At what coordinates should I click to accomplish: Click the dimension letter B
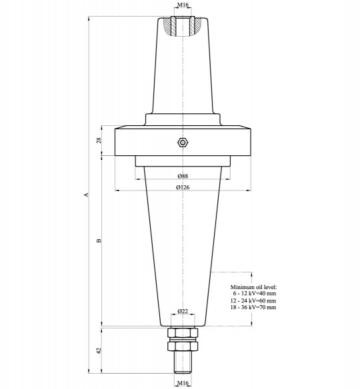point(99,240)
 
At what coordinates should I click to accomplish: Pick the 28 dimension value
point(99,141)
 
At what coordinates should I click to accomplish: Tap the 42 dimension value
point(99,350)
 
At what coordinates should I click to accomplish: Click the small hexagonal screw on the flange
point(182,142)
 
